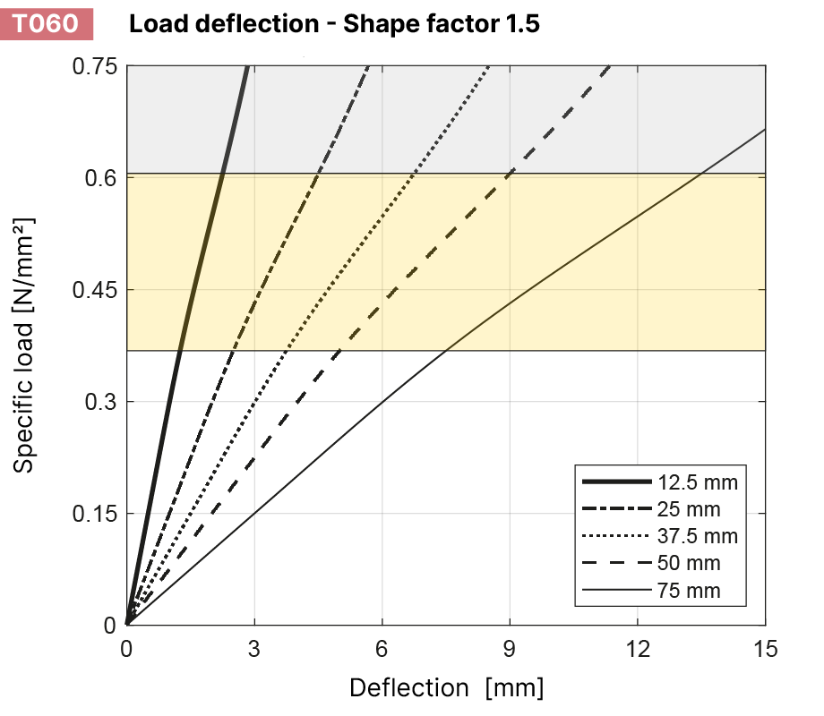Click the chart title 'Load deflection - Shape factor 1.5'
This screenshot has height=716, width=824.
pos(334,24)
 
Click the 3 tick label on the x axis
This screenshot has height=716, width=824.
pos(254,646)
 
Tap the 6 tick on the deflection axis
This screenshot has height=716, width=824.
pos(382,646)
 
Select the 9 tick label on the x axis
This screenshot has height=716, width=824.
pos(510,646)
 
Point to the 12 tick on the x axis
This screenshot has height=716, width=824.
pos(638,646)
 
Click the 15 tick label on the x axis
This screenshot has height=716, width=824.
pos(765,646)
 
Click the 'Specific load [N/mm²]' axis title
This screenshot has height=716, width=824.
pos(25,345)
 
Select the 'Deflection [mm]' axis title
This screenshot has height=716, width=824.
pos(446,687)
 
